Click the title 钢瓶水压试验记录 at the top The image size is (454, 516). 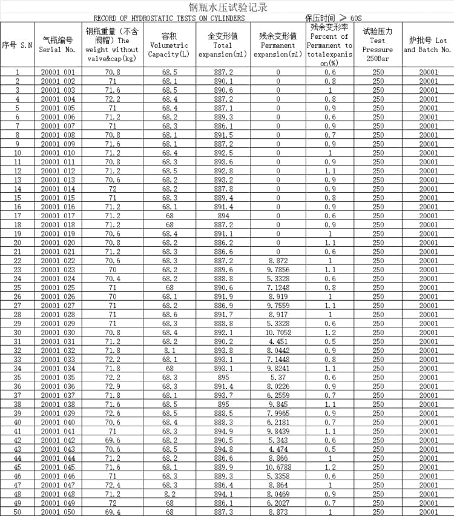pos(228,8)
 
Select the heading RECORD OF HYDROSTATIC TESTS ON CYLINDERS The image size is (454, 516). pos(169,18)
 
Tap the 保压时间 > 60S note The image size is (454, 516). pos(333,18)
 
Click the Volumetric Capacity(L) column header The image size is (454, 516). pos(169,45)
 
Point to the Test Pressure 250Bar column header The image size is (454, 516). pos(378,45)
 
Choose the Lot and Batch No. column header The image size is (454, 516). pos(428,45)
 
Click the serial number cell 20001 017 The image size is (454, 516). pos(58,216)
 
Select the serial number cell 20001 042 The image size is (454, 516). pos(58,440)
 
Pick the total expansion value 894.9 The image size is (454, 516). pos(223,431)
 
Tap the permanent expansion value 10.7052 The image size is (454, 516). pos(278,332)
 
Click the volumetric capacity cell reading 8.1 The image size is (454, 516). pos(169,350)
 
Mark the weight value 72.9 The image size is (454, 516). pos(113,386)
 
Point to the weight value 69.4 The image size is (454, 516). pos(113,512)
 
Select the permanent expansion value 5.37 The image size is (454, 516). pos(278,377)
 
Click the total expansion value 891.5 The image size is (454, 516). pos(223,135)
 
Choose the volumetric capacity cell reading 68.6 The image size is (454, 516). pos(169,315)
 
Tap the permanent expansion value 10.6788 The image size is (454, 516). pos(278,467)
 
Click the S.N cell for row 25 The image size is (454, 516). pos(17,287)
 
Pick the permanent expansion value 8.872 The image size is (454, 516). pos(278,261)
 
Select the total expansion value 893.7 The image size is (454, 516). pos(223,395)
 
